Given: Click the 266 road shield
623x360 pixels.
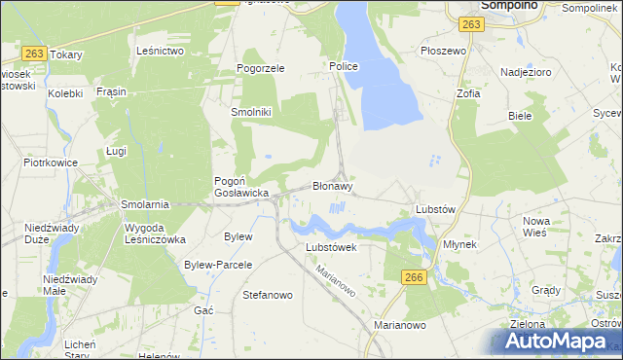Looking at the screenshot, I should [413, 278].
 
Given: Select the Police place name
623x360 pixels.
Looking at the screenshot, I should [344, 66].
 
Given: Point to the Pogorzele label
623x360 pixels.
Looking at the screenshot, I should [260, 69].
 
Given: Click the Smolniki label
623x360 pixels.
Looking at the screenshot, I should [250, 112].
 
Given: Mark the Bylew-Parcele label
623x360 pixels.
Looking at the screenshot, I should [218, 265].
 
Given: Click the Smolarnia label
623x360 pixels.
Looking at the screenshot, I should [145, 204].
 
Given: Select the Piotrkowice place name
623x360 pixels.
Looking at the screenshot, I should [51, 162].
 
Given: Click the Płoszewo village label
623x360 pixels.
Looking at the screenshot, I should [440, 50].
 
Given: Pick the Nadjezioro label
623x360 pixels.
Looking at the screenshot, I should [526, 72].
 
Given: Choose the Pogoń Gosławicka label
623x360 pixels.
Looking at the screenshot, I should [240, 187].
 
